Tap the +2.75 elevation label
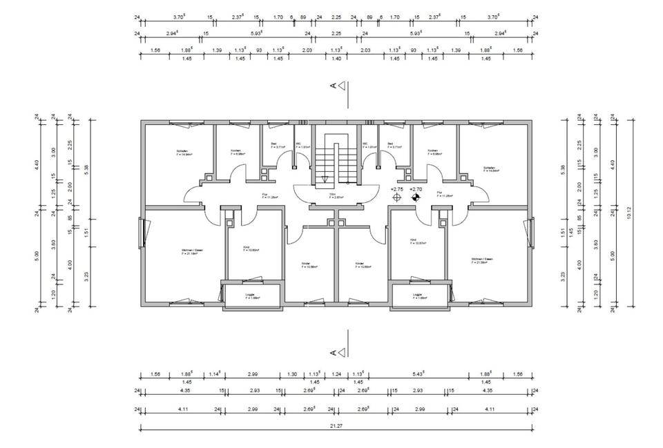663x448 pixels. point(396,188)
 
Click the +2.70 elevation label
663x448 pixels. point(415,188)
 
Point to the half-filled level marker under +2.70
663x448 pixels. point(415,198)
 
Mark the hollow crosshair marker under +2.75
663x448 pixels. point(396,198)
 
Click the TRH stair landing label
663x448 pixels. point(332,195)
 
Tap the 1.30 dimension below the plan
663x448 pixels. point(292,374)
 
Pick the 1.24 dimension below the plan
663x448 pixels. point(336,374)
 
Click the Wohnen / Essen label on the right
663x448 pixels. point(480,260)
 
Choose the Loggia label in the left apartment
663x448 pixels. point(251,295)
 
